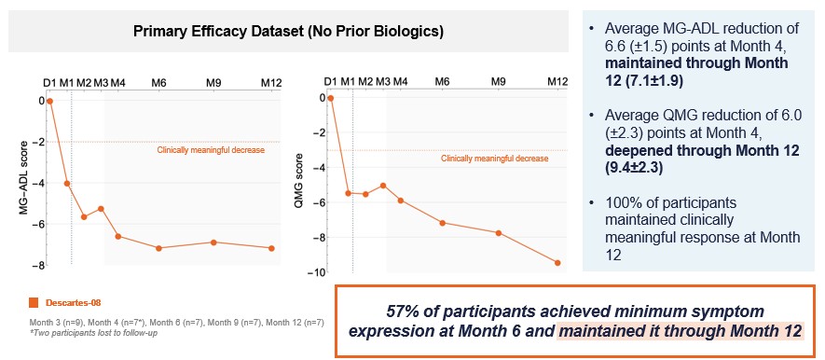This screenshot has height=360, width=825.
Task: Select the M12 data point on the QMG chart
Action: click(557, 263)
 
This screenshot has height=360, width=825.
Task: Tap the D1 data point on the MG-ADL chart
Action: click(50, 101)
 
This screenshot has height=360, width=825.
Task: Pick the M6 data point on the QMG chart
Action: click(442, 223)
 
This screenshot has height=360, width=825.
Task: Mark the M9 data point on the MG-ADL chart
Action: click(213, 242)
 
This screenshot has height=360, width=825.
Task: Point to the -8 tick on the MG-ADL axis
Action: click(37, 266)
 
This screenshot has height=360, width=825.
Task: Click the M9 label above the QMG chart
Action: click(500, 82)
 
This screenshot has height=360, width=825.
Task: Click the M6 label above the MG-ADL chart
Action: click(159, 82)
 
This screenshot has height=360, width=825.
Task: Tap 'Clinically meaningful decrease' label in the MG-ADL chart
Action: click(211, 149)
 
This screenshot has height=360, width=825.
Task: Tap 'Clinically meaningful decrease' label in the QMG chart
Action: click(494, 158)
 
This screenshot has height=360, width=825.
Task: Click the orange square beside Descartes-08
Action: click(34, 302)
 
